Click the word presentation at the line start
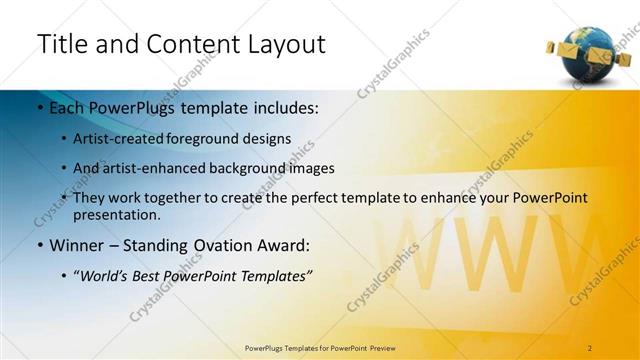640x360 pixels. (x=116, y=214)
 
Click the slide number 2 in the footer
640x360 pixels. (x=590, y=348)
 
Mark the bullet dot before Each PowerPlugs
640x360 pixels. (x=39, y=107)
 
